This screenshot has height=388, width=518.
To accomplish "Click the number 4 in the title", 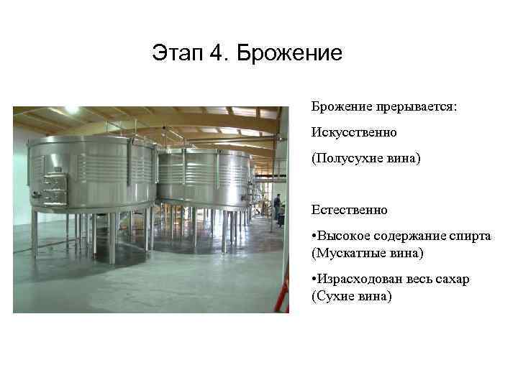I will tap(218, 53).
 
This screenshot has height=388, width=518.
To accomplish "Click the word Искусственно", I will tap(353, 133).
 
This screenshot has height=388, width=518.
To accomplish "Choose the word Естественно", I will tap(350, 210).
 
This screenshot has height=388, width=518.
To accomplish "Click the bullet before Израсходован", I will tap(314, 279).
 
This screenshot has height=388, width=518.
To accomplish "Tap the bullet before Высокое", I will tap(314, 236).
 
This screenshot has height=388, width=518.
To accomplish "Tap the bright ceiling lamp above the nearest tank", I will tap(72, 111).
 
